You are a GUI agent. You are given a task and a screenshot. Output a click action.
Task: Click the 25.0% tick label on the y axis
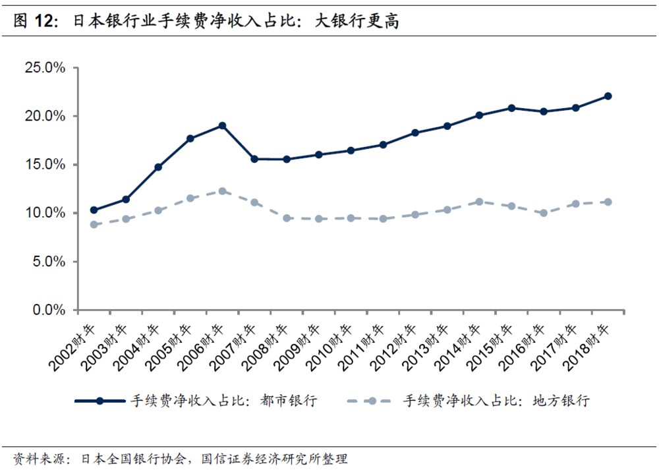[x=45, y=68]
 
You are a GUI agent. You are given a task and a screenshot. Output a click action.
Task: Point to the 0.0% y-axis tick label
[x=49, y=310]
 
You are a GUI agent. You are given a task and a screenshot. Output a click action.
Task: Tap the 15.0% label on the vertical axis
[x=45, y=165]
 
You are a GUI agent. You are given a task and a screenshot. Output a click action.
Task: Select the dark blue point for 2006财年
[x=222, y=125]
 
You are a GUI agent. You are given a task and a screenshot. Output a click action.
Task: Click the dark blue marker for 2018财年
[x=608, y=96]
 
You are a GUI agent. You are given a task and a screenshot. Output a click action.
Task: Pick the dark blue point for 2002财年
[x=94, y=210]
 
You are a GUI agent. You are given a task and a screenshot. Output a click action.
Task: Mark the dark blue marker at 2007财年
[x=254, y=159]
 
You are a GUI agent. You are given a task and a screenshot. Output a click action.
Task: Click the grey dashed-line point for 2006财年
[x=222, y=191]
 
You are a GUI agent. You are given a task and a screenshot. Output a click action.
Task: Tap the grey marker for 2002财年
[x=94, y=225]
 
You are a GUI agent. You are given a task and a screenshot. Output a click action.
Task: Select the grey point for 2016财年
[x=544, y=213]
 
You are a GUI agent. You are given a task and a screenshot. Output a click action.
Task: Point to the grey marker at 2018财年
[x=608, y=202]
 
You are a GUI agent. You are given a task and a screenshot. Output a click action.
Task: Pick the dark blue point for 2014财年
[x=479, y=115]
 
